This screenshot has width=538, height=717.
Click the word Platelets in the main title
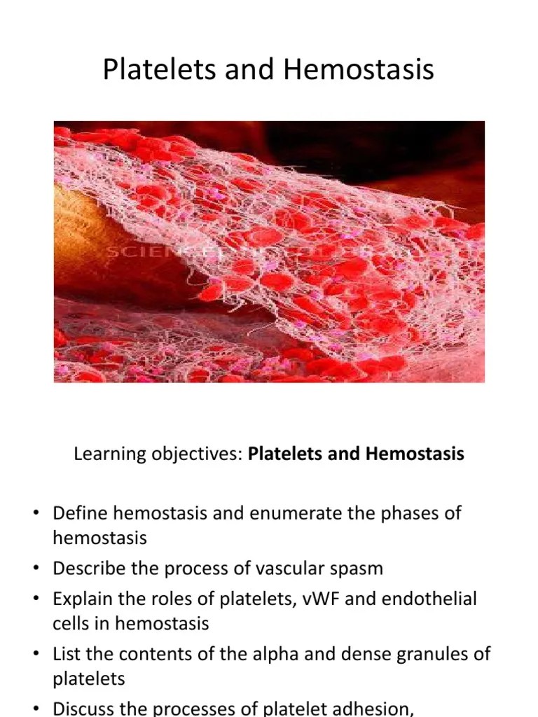coord(149,70)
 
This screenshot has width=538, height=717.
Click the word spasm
coord(357,568)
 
